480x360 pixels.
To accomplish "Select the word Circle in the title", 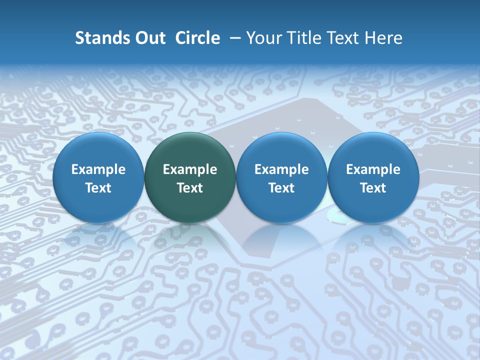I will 197,38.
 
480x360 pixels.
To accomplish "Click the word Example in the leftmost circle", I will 98,169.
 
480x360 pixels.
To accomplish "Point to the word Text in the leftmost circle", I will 98,188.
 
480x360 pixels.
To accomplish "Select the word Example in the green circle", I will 190,169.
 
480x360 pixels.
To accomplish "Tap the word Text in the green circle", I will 190,188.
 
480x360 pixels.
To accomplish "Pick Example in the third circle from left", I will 281,169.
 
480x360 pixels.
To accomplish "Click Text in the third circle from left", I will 281,188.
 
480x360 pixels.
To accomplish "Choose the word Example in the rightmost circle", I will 373,169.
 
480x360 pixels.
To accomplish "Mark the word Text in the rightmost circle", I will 373,188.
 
